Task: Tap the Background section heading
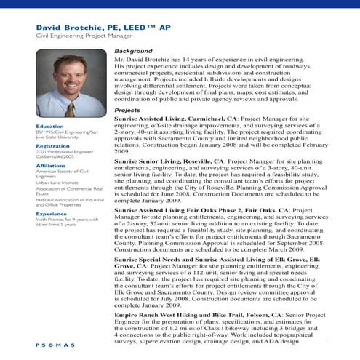point(134,52)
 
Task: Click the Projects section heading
point(128,110)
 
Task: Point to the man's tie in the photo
point(70,108)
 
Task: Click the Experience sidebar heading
point(52,214)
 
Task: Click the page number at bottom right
point(328,340)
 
